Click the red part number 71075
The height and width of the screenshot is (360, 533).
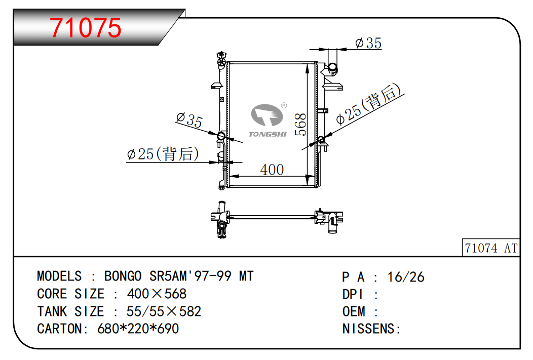click(x=85, y=27)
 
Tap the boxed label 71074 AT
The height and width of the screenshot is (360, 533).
click(x=491, y=248)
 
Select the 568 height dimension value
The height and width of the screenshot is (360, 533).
click(x=300, y=125)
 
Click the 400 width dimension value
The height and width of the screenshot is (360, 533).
click(x=272, y=170)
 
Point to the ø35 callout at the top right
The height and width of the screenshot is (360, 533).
click(x=368, y=43)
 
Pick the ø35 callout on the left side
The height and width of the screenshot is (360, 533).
click(x=189, y=119)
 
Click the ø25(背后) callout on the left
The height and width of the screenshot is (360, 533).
click(x=163, y=154)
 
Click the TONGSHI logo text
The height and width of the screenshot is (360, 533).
click(x=268, y=134)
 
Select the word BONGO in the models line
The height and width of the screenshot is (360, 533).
click(x=123, y=276)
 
